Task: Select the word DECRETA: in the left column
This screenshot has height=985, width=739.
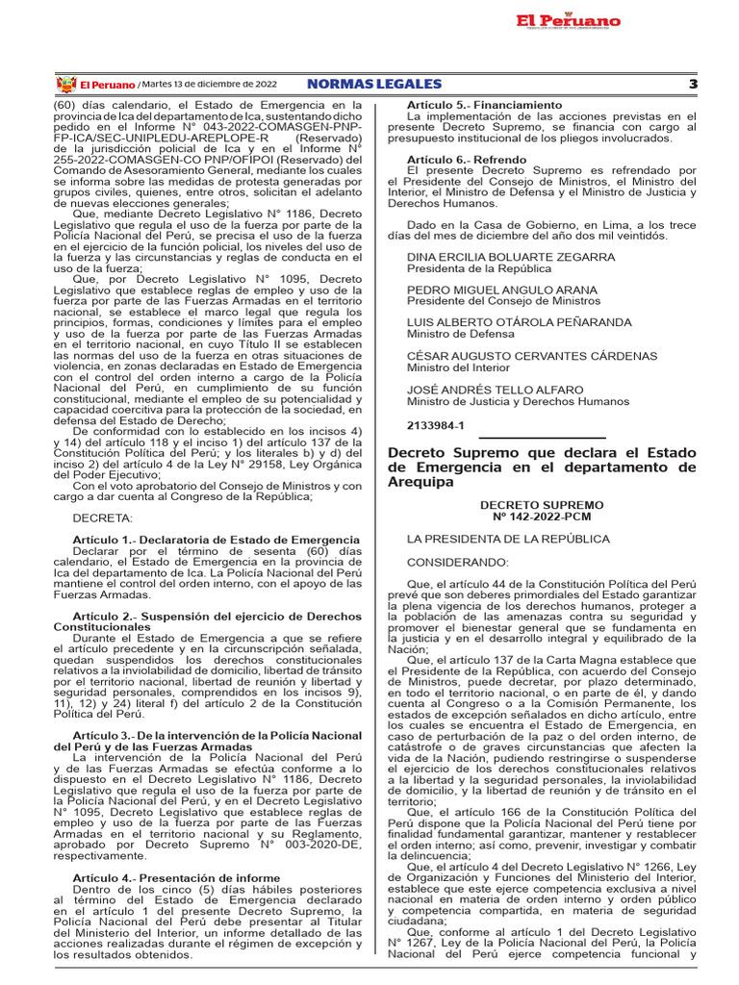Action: (103, 518)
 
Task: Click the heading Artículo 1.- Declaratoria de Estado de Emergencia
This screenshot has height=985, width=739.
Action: (216, 540)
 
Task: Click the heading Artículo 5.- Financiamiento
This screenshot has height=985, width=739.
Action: (484, 104)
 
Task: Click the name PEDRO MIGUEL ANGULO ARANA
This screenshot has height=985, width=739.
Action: (501, 290)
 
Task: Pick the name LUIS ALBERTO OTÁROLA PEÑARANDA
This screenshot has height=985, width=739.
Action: (519, 322)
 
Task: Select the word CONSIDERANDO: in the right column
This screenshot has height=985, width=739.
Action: (456, 561)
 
